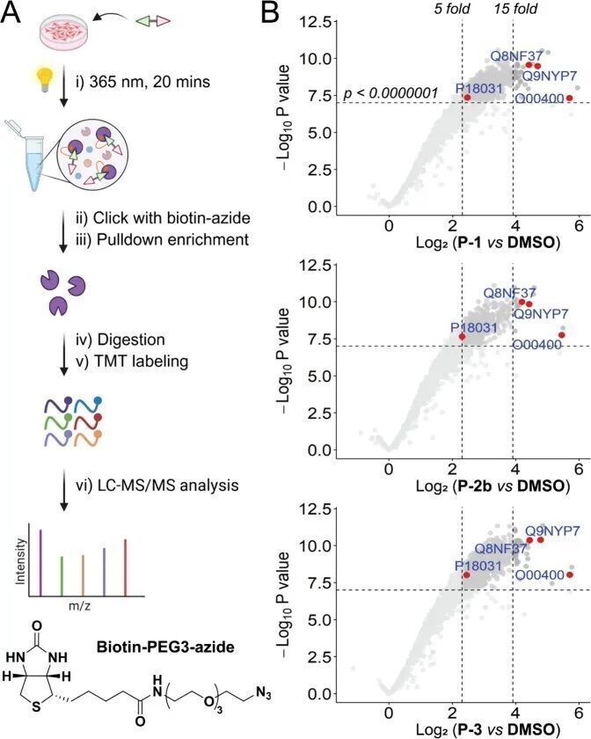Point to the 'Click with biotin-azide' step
(x=171, y=218)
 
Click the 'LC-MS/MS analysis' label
(x=166, y=485)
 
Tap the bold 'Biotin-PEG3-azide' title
(x=165, y=647)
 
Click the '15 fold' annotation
(x=515, y=9)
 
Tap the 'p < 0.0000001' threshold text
(x=391, y=93)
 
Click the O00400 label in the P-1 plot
(x=539, y=99)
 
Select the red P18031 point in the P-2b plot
(x=462, y=336)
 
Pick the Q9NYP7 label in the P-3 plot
(x=552, y=530)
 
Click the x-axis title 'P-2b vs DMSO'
(x=492, y=486)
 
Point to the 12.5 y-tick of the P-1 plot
(x=316, y=22)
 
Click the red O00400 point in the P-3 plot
(x=569, y=574)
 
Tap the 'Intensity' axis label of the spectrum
(x=20, y=562)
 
